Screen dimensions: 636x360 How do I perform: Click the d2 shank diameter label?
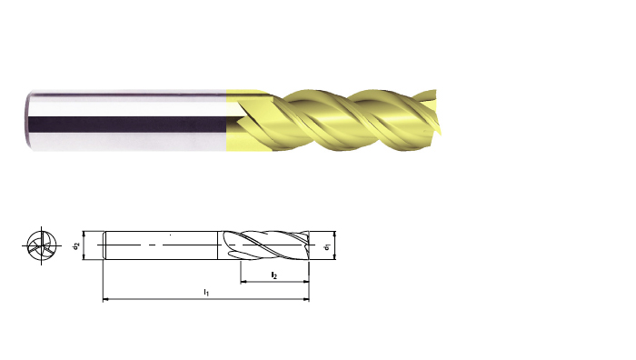(x=75, y=245)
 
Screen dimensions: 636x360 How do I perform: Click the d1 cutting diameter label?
(x=328, y=245)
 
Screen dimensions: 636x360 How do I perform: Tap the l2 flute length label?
(x=274, y=275)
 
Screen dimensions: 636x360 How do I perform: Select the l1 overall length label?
(x=206, y=292)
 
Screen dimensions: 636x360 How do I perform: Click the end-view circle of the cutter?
(x=42, y=245)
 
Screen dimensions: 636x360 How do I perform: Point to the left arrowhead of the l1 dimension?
(x=106, y=299)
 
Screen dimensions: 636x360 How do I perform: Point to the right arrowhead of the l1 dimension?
(x=306, y=299)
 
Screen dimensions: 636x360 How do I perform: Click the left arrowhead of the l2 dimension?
(x=243, y=281)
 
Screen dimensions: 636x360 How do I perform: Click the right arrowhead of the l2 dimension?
(x=306, y=281)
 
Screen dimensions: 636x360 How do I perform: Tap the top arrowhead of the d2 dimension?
(x=84, y=235)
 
